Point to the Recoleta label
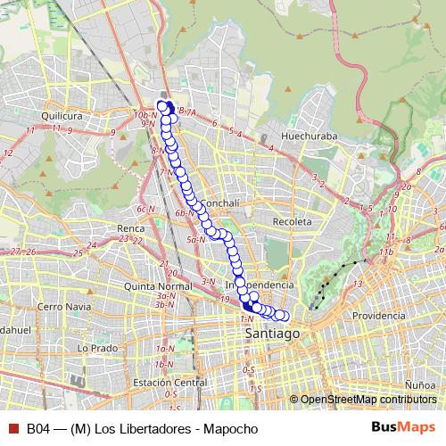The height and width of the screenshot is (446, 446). point(293,220)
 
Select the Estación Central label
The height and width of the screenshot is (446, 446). point(164,383)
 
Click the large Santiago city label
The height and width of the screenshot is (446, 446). point(269,333)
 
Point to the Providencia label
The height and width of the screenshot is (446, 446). point(378,315)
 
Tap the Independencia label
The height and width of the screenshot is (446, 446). point(260,285)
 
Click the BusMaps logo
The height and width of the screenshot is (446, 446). point(403,426)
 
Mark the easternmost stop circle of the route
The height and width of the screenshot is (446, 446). point(285,315)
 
